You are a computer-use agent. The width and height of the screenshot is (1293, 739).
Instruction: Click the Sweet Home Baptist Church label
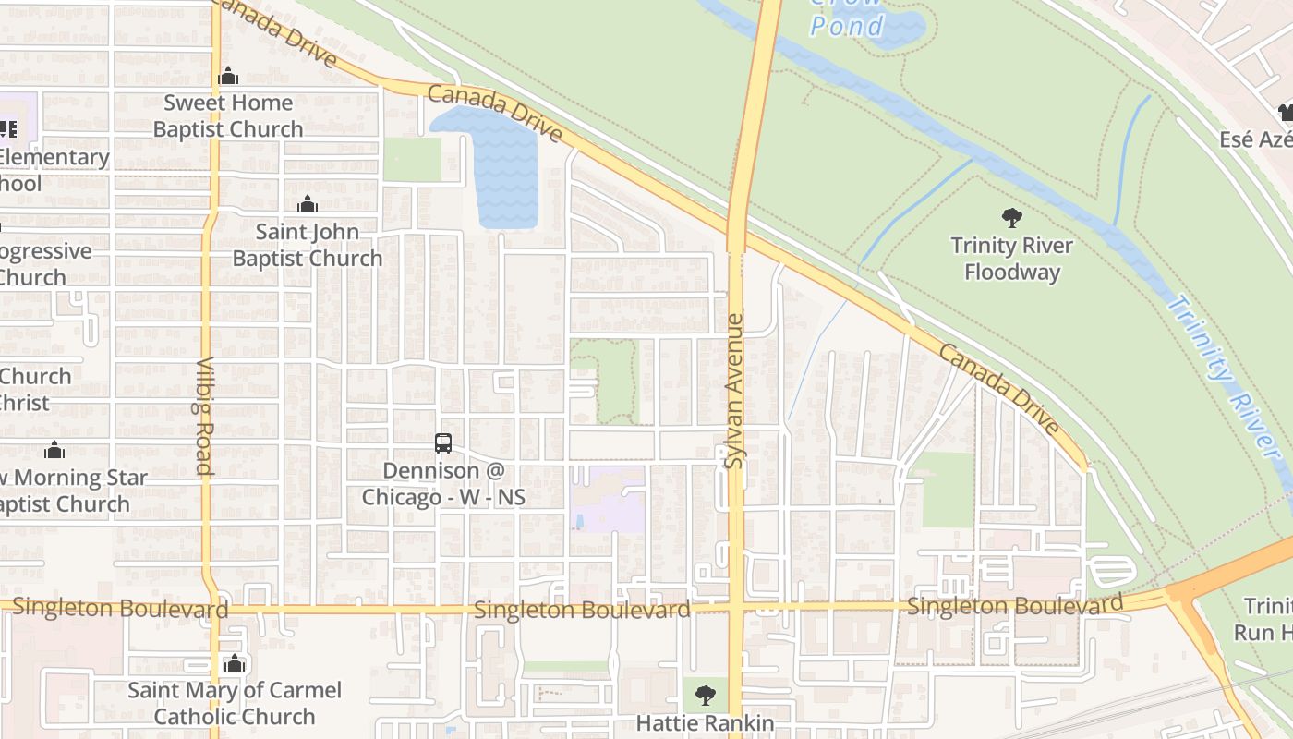[228, 115]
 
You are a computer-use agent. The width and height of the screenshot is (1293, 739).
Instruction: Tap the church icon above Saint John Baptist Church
[307, 204]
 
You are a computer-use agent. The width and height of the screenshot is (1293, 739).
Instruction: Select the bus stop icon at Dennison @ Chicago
[443, 443]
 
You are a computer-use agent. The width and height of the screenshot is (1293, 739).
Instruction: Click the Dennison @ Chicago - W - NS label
[443, 484]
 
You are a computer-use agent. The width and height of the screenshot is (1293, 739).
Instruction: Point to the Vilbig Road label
[205, 416]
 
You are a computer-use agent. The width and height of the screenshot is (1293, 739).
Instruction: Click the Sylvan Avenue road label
[734, 391]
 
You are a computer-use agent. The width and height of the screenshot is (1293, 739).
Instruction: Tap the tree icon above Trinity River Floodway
[1011, 218]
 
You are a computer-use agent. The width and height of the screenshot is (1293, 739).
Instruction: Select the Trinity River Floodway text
[1011, 259]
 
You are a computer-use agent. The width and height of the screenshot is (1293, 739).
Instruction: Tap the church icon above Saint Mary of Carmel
[234, 663]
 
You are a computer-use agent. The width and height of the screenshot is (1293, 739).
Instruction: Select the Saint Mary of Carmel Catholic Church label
[234, 703]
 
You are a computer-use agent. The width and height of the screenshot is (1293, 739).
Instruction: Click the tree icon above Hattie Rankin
[705, 694]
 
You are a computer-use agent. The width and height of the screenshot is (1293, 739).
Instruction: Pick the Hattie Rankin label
[705, 723]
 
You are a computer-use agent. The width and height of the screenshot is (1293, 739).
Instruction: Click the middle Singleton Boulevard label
[582, 610]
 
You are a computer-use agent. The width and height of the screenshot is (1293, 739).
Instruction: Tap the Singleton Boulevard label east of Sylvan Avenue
[1014, 606]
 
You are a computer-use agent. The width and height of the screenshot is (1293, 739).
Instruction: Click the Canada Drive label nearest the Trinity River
[1000, 389]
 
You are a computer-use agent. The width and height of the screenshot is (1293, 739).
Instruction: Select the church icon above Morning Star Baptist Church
[54, 450]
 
